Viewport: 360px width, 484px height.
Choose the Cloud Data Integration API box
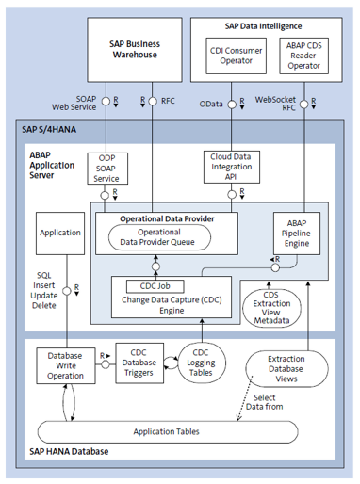pos(232,168)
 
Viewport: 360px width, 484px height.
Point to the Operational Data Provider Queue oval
pos(166,237)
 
